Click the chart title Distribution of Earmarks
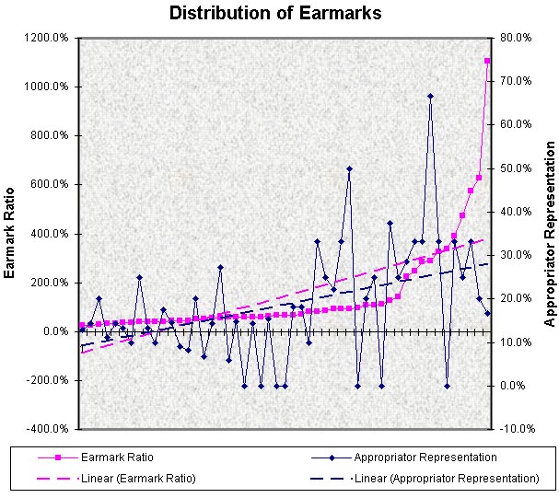[275, 14]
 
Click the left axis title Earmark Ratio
[10, 233]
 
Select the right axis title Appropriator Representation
[550, 234]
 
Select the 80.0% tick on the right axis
[512, 38]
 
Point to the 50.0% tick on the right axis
[512, 168]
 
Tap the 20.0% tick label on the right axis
[512, 298]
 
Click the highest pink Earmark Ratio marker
[487, 61]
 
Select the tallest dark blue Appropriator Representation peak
[430, 96]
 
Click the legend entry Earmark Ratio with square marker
[116, 457]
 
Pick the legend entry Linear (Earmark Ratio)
[138, 478]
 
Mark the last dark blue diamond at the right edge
[487, 314]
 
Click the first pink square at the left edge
[81, 326]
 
